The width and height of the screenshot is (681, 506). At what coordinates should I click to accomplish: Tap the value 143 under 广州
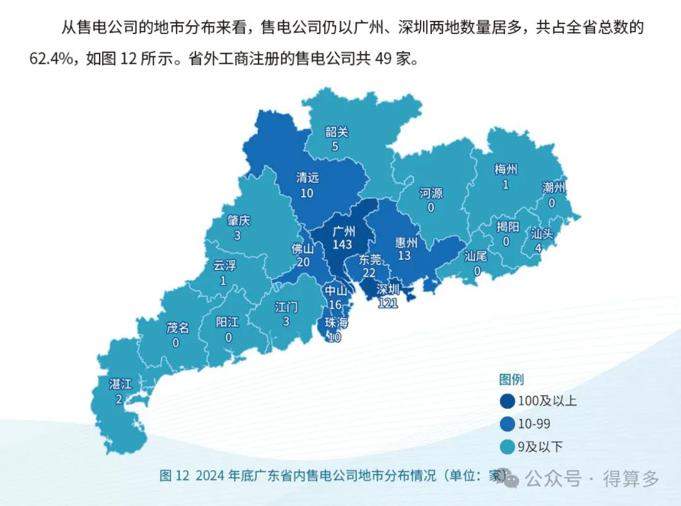[x=342, y=244]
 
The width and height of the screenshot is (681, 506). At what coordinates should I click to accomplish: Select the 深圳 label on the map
[x=388, y=290]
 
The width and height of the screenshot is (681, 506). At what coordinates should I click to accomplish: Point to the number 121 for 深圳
[x=387, y=303]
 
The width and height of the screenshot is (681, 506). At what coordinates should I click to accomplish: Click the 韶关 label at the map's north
[x=337, y=132]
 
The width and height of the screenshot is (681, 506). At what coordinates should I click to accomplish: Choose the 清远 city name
[x=308, y=179]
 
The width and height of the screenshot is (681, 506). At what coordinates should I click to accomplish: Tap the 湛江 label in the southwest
[x=120, y=384]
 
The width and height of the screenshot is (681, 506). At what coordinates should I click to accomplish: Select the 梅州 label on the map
[x=506, y=169]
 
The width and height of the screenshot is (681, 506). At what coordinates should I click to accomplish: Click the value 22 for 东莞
[x=370, y=272]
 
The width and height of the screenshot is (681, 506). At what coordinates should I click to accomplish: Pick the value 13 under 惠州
[x=404, y=255]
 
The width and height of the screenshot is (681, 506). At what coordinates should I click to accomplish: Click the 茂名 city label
[x=177, y=328]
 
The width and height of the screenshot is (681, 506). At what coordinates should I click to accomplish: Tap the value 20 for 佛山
[x=303, y=262]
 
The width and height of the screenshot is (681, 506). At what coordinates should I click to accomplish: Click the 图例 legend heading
[x=511, y=379]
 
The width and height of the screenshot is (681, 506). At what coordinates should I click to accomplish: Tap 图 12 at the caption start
[x=175, y=476]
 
